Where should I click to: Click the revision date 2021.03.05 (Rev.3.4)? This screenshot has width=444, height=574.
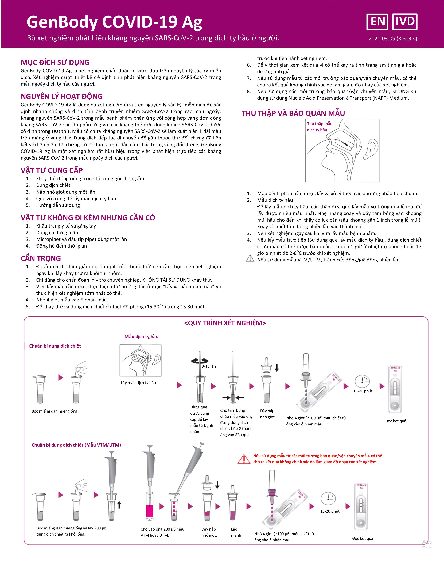393,39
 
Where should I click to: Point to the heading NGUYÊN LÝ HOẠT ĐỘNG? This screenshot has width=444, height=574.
61,97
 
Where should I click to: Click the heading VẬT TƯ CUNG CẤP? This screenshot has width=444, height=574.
52,170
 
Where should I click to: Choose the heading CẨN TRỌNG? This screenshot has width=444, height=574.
41,258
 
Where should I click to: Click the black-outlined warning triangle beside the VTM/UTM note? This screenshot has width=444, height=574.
250,259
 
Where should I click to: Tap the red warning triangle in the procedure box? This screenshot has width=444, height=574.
244,459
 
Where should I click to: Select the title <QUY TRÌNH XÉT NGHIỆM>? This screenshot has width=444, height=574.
225,323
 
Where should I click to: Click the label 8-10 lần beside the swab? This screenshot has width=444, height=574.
209,366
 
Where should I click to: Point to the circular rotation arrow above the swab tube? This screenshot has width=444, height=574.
200,361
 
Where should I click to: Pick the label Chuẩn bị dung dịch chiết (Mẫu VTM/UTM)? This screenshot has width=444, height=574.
76,445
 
